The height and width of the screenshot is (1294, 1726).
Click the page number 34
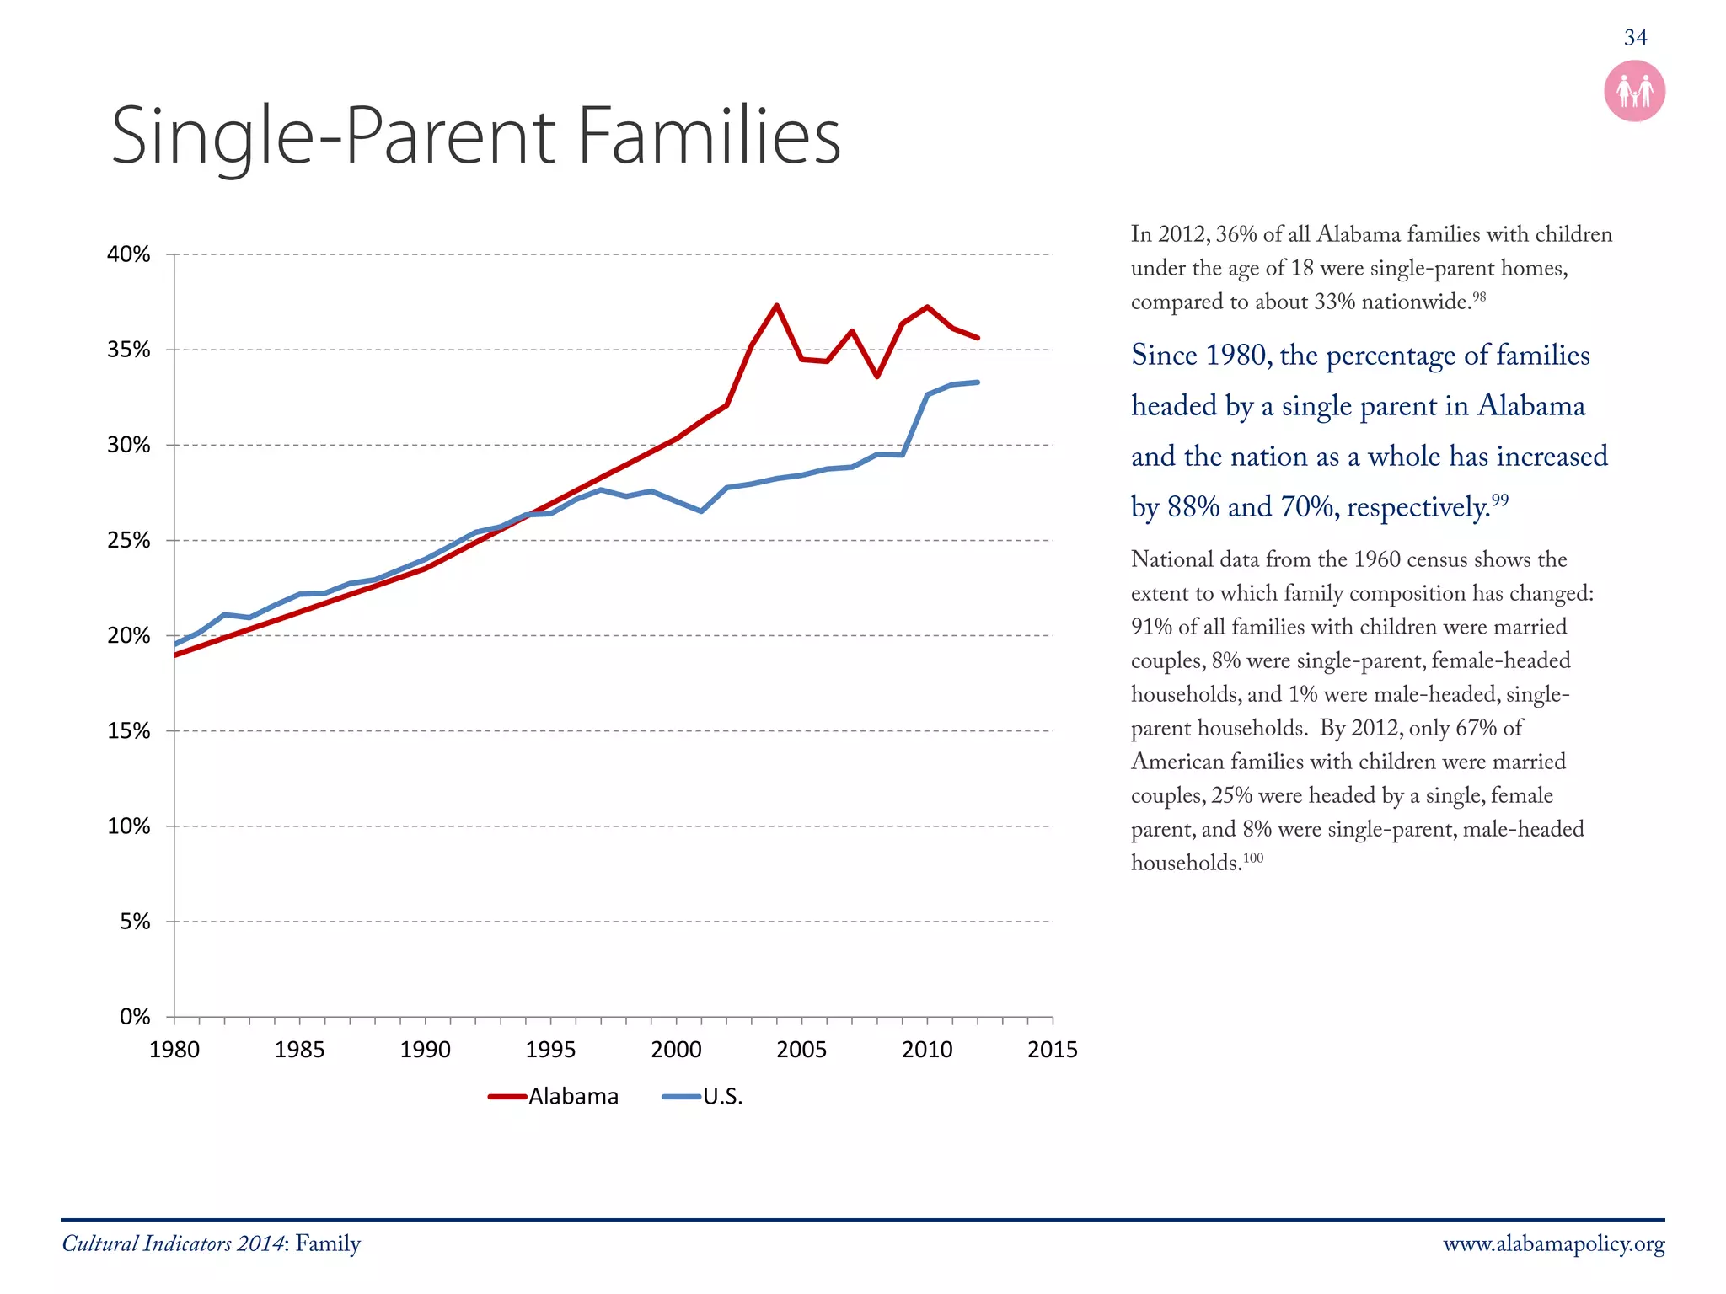(1635, 38)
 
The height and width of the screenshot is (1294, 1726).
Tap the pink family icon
(1634, 91)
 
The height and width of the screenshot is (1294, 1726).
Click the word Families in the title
(710, 136)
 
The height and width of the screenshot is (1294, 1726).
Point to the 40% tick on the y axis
(129, 254)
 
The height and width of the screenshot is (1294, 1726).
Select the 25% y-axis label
(129, 540)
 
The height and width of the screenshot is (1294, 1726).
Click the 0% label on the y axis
(135, 1017)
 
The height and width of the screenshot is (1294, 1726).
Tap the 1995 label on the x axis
(550, 1050)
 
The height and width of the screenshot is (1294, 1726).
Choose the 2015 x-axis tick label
(1052, 1050)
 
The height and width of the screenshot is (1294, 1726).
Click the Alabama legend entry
(573, 1097)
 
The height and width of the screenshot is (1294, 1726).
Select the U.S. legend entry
(722, 1097)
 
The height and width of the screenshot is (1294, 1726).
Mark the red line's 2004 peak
(776, 306)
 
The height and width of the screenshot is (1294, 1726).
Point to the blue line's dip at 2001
(701, 511)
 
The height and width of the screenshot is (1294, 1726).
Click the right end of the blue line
(977, 382)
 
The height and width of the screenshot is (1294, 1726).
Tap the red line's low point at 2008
(877, 376)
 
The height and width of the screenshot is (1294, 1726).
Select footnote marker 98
(1479, 297)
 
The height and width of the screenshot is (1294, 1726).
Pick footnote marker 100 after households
(1254, 858)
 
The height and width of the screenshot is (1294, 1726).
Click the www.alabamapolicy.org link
(1553, 1244)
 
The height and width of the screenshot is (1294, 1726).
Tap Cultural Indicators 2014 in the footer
(173, 1244)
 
